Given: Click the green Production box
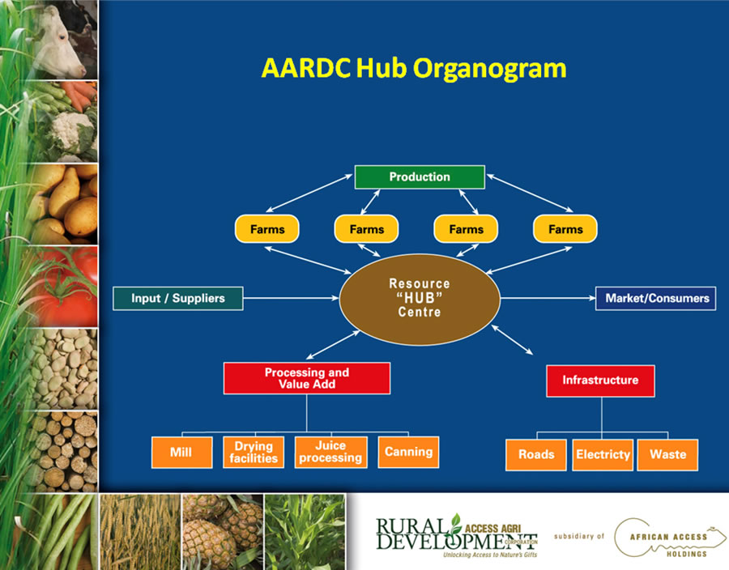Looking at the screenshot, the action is pos(420,177).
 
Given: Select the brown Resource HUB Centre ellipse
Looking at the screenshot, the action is pos(420,299).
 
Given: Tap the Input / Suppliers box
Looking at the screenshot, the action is pos(177,298).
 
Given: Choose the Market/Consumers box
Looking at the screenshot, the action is pos(655,298).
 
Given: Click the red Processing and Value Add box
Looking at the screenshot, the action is pos(307,378).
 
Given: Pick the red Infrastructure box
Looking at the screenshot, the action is pos(600,381).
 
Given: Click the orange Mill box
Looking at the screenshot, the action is pos(181,452).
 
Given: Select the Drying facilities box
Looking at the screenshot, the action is pos(254,452).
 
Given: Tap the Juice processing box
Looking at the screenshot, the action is pos(330,452).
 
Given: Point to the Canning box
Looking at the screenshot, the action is pos(408,452).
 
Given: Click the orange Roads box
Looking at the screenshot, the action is pos(536,455).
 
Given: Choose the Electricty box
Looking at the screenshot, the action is pos(603,455).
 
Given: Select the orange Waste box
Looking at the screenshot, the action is pos(667,455).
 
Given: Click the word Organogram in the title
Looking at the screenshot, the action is pos(489,69).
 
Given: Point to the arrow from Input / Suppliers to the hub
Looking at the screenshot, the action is pos(291,298).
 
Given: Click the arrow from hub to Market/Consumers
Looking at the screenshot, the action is pos(548,298).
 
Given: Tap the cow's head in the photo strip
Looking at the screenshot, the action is pos(61,42).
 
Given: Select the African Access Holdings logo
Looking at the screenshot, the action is pos(670,538).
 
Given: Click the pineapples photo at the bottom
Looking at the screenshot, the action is pos(222,532).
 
